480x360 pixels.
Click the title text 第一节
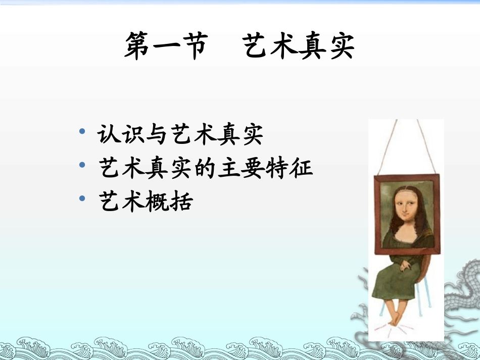[166, 46]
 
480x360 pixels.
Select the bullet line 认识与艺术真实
[180, 135]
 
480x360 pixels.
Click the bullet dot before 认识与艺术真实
[82, 133]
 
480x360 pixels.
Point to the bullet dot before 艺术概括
[82, 198]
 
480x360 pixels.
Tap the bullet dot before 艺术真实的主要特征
[82, 166]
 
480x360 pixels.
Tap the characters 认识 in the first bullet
[122, 135]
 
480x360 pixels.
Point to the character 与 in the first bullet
[156, 135]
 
